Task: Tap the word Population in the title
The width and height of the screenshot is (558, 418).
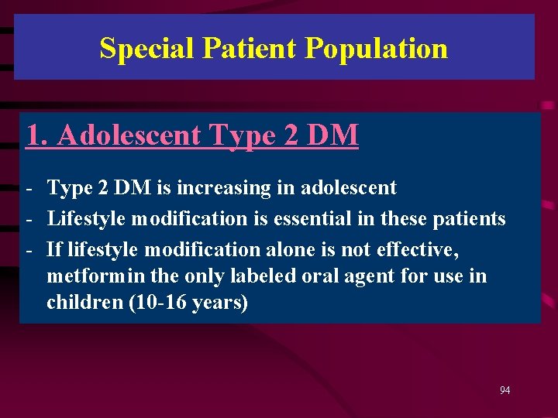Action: coord(377,48)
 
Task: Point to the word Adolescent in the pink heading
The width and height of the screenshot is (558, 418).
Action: coord(129,135)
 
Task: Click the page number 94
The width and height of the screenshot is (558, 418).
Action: coord(505,390)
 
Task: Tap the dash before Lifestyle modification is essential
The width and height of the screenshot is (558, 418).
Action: coord(29,219)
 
